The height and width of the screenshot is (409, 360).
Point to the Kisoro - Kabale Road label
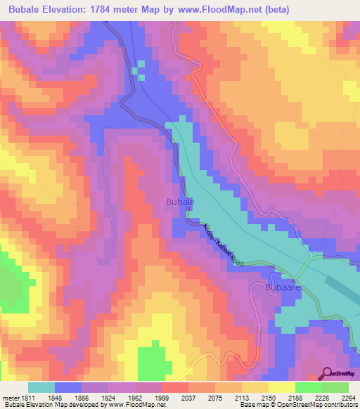(224, 247)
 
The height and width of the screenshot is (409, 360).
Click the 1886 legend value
(81, 397)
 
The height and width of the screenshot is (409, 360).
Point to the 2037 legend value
(188, 397)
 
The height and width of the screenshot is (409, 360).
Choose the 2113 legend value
(241, 397)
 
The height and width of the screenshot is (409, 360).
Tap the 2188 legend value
(295, 397)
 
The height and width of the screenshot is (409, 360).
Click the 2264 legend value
(347, 397)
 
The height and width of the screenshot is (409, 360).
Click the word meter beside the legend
(10, 397)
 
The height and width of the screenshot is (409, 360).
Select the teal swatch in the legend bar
(41, 387)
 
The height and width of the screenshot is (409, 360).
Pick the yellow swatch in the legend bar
(281, 387)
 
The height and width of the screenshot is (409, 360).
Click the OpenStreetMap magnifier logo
(328, 373)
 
